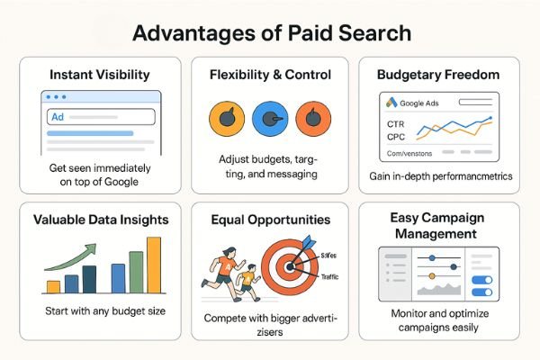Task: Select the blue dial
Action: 270,119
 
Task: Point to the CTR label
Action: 397,123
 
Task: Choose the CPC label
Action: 397,137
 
